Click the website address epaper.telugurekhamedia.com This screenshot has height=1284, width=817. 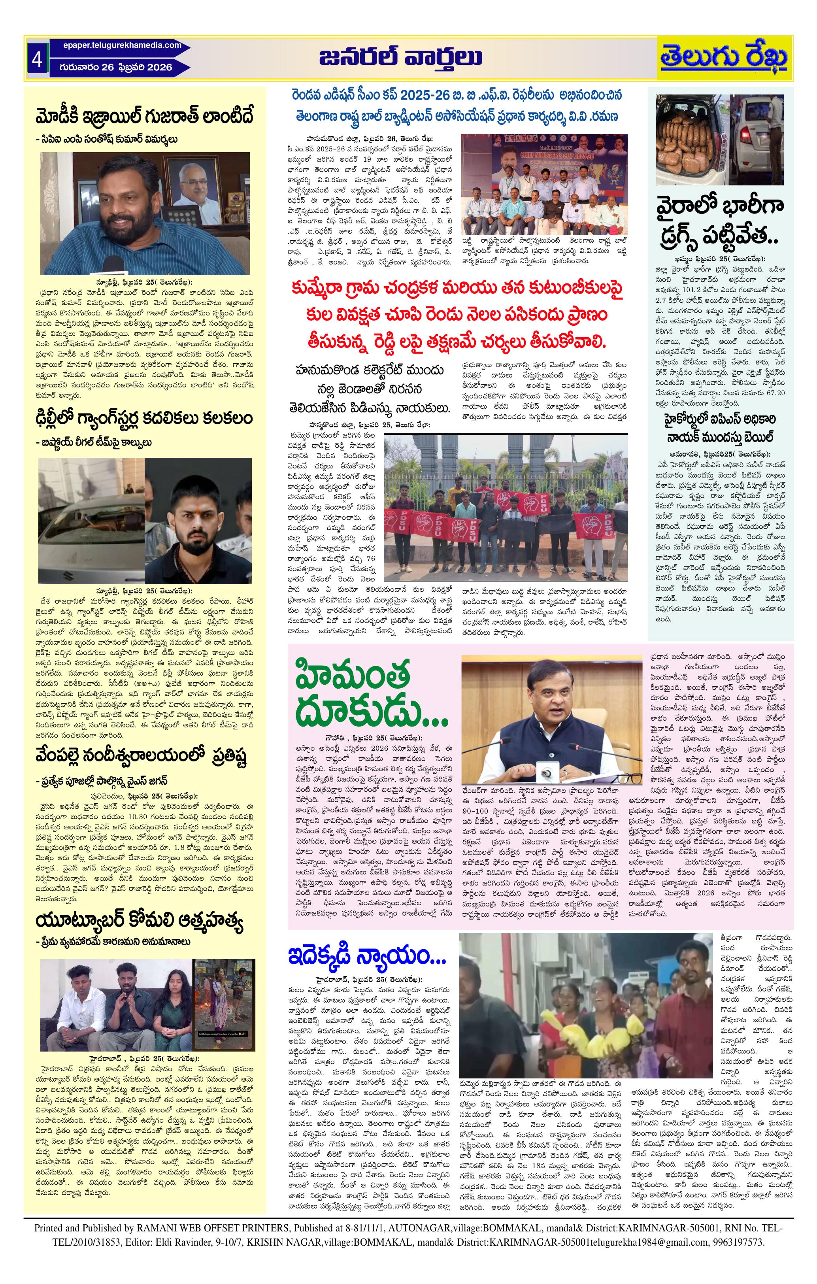pos(122,45)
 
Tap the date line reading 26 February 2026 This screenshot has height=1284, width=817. pos(119,67)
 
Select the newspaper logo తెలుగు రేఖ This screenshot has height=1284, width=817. pos(724,58)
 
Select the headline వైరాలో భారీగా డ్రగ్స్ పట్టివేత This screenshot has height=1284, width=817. pos(719,222)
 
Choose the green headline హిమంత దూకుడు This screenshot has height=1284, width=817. pos(368,693)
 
